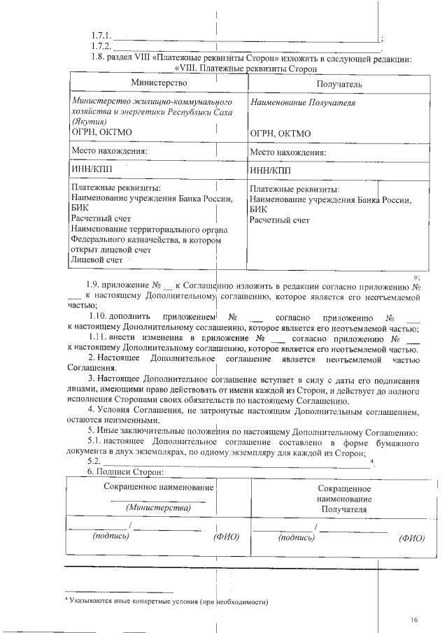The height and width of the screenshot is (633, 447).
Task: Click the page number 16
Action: click(x=414, y=620)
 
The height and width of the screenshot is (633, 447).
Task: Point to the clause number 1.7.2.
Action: click(x=101, y=46)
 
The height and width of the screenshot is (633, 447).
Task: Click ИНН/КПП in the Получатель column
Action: click(x=269, y=170)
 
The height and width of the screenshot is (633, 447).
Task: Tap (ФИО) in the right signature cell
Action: click(x=411, y=538)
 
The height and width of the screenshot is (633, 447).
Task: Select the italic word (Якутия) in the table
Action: click(x=90, y=121)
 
